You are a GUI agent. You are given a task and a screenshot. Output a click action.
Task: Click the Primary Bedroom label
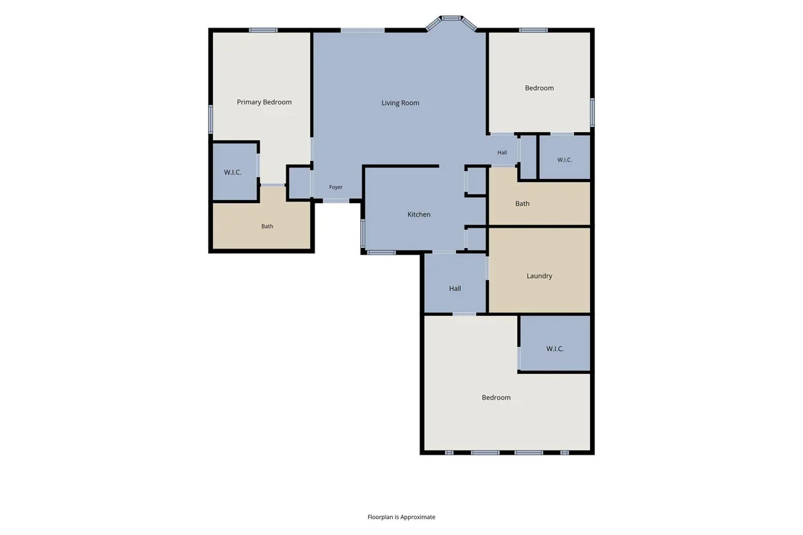tap(265, 102)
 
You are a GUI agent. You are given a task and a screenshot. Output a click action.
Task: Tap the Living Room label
tap(400, 103)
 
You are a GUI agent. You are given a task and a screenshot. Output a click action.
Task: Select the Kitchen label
tap(419, 214)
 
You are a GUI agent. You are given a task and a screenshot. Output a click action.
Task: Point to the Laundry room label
tap(539, 275)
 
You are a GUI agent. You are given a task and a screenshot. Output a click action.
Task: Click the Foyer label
tap(336, 187)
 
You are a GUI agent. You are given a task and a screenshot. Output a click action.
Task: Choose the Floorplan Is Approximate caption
tap(401, 517)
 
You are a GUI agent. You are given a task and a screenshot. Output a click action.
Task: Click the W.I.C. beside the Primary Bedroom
tap(233, 173)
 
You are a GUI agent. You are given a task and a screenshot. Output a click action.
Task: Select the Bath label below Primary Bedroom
tap(267, 226)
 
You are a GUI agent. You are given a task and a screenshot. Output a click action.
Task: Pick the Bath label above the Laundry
tap(523, 204)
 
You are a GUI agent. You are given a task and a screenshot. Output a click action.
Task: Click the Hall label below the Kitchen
tap(454, 289)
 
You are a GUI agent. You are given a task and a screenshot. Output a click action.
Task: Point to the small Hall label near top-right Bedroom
tap(502, 152)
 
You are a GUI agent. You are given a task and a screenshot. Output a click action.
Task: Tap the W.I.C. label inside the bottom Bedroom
tap(554, 349)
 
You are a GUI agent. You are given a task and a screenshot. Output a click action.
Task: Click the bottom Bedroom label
tap(496, 397)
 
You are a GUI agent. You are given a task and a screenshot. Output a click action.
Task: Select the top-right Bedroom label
tap(539, 88)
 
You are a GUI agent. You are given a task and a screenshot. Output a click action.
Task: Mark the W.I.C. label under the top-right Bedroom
tap(565, 160)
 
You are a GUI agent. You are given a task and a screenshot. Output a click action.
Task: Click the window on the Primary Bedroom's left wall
tap(210, 120)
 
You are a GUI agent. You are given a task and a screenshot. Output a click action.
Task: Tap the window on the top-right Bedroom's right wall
tap(592, 112)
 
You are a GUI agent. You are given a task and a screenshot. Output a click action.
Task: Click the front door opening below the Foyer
tap(336, 200)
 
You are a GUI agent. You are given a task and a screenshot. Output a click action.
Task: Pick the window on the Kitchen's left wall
tap(363, 233)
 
